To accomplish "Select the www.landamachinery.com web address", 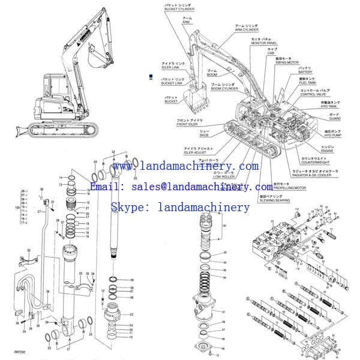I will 185,166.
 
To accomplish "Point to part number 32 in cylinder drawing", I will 29,250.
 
